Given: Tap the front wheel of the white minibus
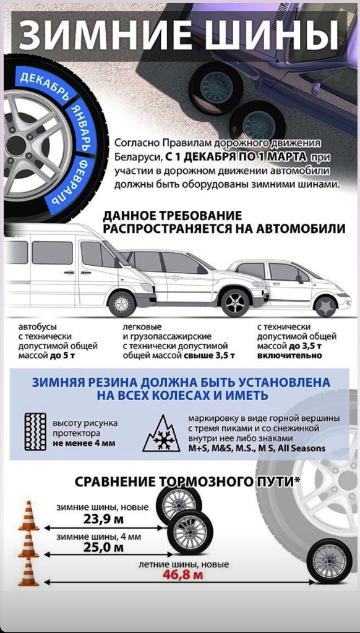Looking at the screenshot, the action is click(x=121, y=303).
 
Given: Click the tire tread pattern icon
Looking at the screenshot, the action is click(x=35, y=431).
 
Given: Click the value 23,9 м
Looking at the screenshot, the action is click(x=103, y=519).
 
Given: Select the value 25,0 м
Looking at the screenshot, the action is click(x=103, y=548).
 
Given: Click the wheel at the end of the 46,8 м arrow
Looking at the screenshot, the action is click(x=329, y=561).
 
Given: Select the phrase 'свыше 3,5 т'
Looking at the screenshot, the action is click(x=210, y=355).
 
